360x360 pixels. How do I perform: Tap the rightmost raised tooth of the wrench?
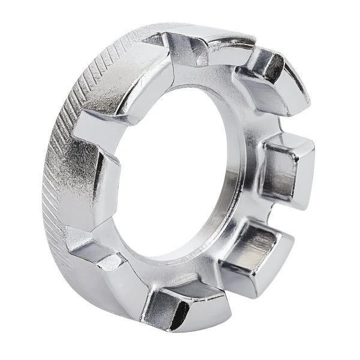click(x=288, y=171)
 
